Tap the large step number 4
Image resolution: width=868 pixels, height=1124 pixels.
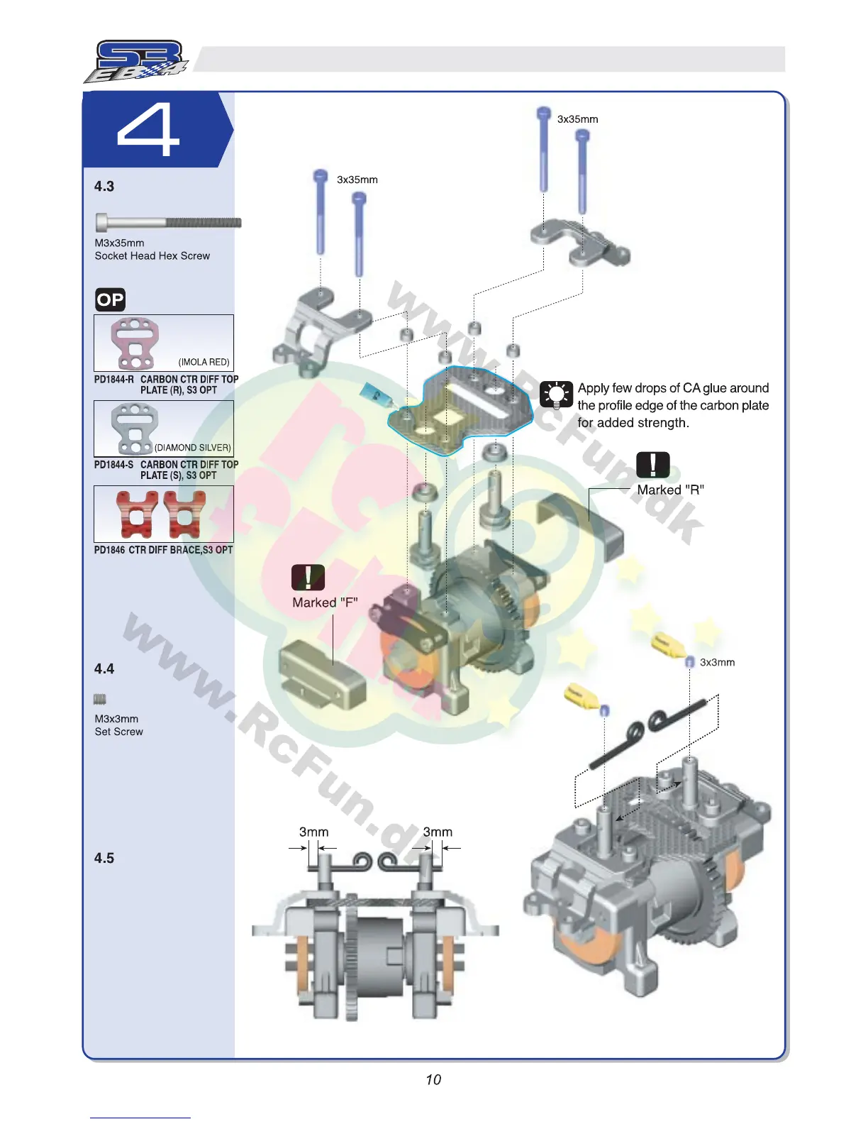coord(148,130)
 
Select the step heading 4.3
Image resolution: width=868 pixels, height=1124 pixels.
coord(104,187)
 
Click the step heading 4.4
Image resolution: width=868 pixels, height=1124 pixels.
coord(104,668)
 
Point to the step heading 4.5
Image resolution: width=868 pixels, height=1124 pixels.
coord(104,858)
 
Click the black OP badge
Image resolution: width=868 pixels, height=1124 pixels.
coord(110,299)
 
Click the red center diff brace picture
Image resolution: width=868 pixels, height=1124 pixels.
coord(163,514)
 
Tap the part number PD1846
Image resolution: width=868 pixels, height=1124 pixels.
coord(109,550)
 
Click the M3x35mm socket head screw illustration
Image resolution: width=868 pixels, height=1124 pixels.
coord(168,222)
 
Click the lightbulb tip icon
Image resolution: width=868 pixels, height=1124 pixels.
coord(556,395)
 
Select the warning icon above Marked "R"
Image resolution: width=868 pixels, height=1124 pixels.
coord(652,465)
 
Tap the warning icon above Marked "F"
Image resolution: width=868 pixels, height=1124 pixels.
coord(308,577)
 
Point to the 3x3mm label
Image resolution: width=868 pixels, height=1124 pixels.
coord(717,662)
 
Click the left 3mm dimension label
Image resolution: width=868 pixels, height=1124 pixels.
coord(313,832)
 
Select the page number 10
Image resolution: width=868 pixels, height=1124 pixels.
coord(433,1079)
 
